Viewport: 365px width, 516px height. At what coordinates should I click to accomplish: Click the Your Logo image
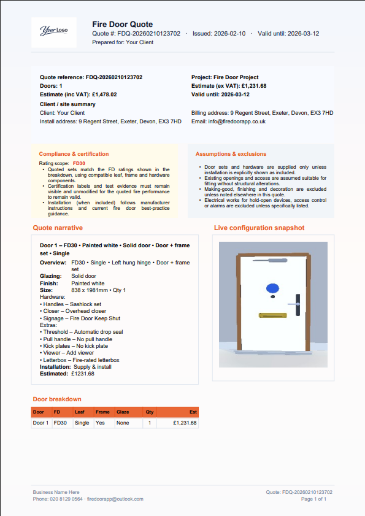point(53,31)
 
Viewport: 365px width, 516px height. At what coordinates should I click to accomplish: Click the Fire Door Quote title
point(123,24)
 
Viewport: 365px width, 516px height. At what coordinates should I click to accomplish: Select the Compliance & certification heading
point(74,154)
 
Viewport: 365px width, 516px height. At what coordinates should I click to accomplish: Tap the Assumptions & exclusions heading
point(231,154)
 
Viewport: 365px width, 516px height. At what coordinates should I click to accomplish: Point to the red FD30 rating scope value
point(79,164)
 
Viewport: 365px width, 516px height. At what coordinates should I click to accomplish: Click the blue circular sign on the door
point(272,288)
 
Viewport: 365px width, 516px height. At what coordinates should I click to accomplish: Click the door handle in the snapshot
point(297,304)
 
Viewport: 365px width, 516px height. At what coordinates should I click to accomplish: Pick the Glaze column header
point(123,412)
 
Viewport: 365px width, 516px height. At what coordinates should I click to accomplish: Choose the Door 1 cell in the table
point(40,423)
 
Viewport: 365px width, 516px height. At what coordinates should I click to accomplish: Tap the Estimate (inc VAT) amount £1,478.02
point(104,95)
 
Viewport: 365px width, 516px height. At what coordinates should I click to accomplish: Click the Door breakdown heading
point(57,399)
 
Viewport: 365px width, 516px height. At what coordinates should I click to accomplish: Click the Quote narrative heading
point(58,228)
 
